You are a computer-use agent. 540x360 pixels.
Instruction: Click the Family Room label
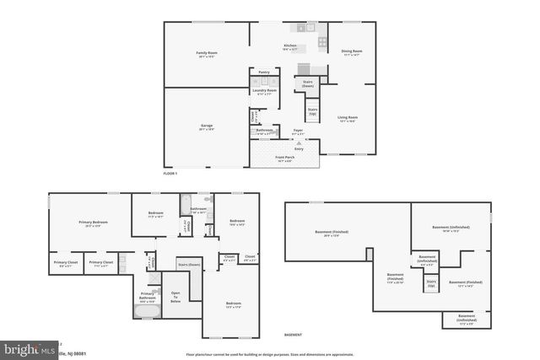(x=207, y=54)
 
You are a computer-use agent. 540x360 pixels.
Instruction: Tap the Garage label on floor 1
(x=207, y=126)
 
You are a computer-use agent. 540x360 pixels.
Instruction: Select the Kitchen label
(x=290, y=47)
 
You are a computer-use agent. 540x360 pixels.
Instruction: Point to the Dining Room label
(x=351, y=52)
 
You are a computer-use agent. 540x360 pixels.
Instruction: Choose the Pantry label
(x=264, y=73)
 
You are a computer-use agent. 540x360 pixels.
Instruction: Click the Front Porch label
(x=284, y=158)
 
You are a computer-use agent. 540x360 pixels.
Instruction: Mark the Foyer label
(x=298, y=131)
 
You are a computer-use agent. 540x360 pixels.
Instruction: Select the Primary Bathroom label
(x=147, y=296)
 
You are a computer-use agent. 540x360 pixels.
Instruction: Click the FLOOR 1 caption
(x=171, y=173)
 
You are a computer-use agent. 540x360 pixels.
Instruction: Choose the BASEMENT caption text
(x=293, y=335)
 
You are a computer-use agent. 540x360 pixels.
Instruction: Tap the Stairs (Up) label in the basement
(x=431, y=284)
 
